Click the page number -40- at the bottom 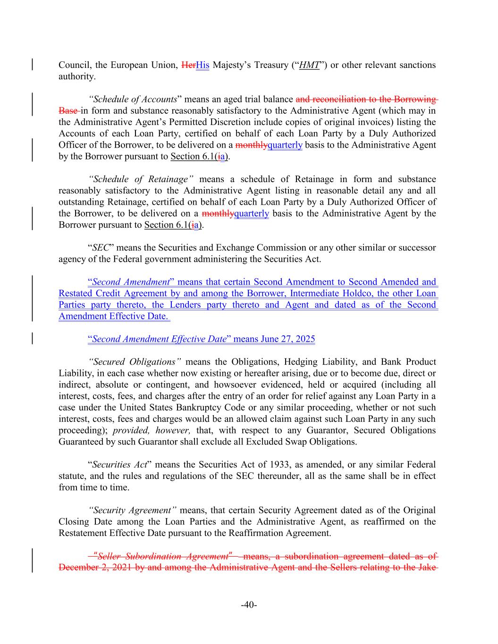[249, 605]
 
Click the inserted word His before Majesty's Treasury [203, 65]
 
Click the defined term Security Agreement [133, 510]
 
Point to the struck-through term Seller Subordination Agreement [163, 556]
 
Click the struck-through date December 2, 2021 [96, 568]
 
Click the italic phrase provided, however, [152, 430]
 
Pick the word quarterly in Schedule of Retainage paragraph [252, 214]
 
